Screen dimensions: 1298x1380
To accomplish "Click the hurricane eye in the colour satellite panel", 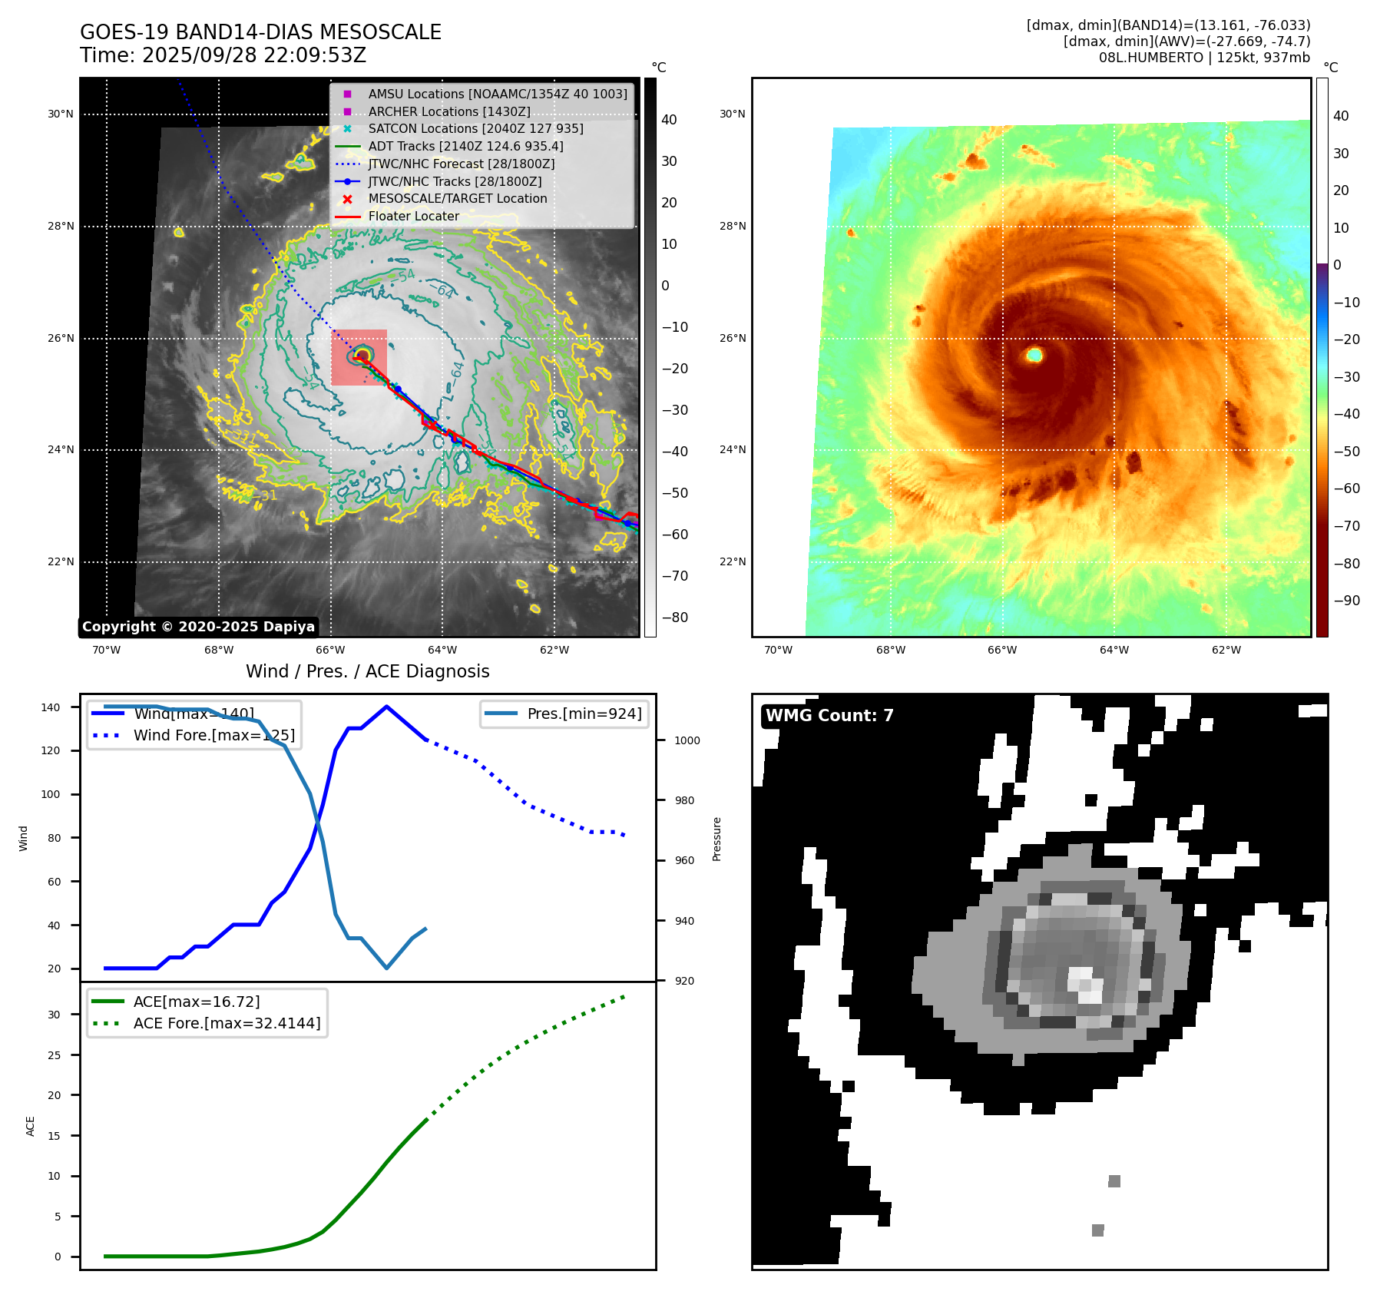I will point(1034,354).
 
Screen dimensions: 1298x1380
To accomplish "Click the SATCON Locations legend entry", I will point(475,129).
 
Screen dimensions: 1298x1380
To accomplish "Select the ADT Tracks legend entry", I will point(465,146).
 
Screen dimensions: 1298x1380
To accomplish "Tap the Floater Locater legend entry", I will point(413,217).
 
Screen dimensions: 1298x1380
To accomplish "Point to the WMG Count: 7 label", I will point(829,716).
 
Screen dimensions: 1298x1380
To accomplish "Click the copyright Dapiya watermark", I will point(198,627).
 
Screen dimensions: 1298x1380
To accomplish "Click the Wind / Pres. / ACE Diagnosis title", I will point(367,671).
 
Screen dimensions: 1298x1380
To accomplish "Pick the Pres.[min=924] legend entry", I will point(584,714).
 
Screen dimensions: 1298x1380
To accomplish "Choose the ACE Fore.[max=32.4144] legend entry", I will point(227,1023).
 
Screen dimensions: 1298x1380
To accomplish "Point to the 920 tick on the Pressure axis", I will point(684,981).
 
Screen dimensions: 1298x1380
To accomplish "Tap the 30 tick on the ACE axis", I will point(54,1015).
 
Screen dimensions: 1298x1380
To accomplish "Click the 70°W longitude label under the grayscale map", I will point(106,651).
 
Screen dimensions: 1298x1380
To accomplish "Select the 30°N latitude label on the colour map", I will point(732,114).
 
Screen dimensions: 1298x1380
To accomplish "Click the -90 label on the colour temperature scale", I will point(1346,601).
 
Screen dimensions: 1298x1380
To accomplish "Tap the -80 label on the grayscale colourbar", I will point(675,618).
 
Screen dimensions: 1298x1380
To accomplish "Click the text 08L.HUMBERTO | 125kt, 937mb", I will point(1204,58).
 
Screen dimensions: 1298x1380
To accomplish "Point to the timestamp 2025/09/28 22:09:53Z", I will point(254,56).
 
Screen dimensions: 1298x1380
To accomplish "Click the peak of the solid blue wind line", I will point(386,707).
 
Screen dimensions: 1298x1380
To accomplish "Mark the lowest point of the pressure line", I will point(386,968).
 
